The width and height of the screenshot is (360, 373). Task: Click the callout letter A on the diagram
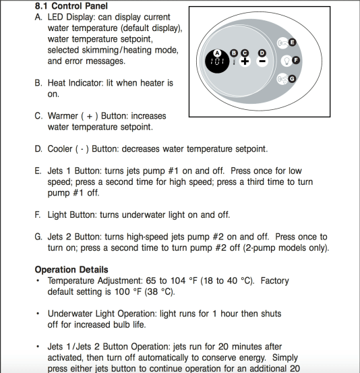tap(217, 53)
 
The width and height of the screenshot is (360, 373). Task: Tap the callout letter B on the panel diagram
tap(234, 53)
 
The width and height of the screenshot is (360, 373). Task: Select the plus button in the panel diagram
tap(245, 61)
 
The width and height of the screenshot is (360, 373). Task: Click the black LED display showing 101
tap(217, 61)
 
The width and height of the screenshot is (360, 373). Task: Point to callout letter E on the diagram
tap(292, 42)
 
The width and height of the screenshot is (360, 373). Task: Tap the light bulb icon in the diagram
tap(287, 61)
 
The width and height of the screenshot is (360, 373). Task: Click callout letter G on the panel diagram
tap(292, 79)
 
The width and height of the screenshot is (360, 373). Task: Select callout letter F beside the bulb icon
tap(296, 60)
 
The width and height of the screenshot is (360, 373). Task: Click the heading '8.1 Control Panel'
tap(71, 6)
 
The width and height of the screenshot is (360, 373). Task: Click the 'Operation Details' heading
tap(71, 270)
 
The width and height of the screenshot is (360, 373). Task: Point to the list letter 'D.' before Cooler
tap(38, 149)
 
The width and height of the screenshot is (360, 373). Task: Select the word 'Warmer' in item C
tap(63, 116)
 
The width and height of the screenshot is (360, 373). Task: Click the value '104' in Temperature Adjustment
tap(178, 281)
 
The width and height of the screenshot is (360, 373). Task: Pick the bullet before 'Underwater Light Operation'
tap(38, 314)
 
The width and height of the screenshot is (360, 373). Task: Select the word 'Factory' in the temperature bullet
tap(274, 281)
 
